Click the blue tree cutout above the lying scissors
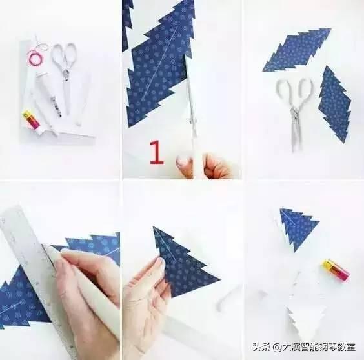(297, 50)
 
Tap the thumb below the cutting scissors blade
(186, 162)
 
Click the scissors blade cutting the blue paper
(192, 103)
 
